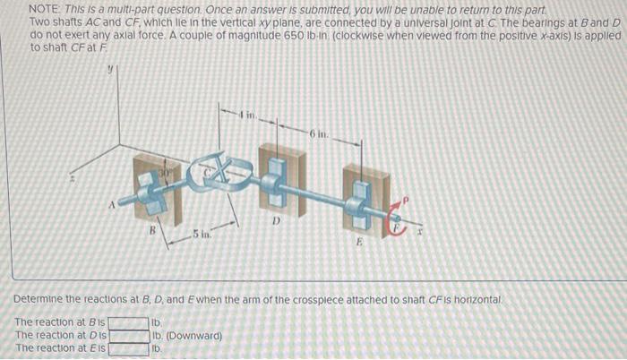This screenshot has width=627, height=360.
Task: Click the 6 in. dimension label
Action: click(320, 133)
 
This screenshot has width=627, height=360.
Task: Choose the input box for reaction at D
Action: click(128, 336)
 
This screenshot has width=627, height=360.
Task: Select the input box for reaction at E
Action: click(128, 348)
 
